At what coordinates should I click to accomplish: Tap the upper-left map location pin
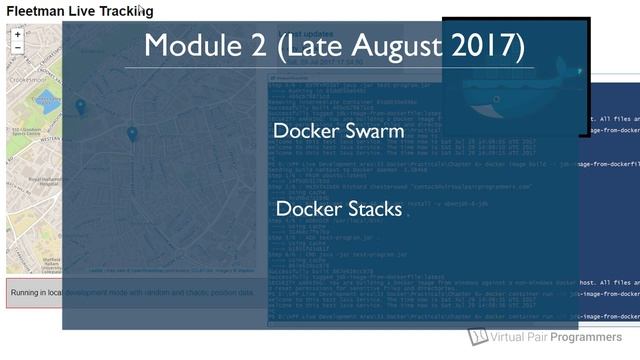coord(81,106)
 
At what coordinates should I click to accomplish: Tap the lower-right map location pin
coord(132,133)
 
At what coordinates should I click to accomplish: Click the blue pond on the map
coord(47,100)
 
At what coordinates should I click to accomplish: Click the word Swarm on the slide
coord(371,131)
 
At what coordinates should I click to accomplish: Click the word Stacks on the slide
coord(369,209)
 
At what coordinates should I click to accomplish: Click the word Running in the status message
coord(29,292)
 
